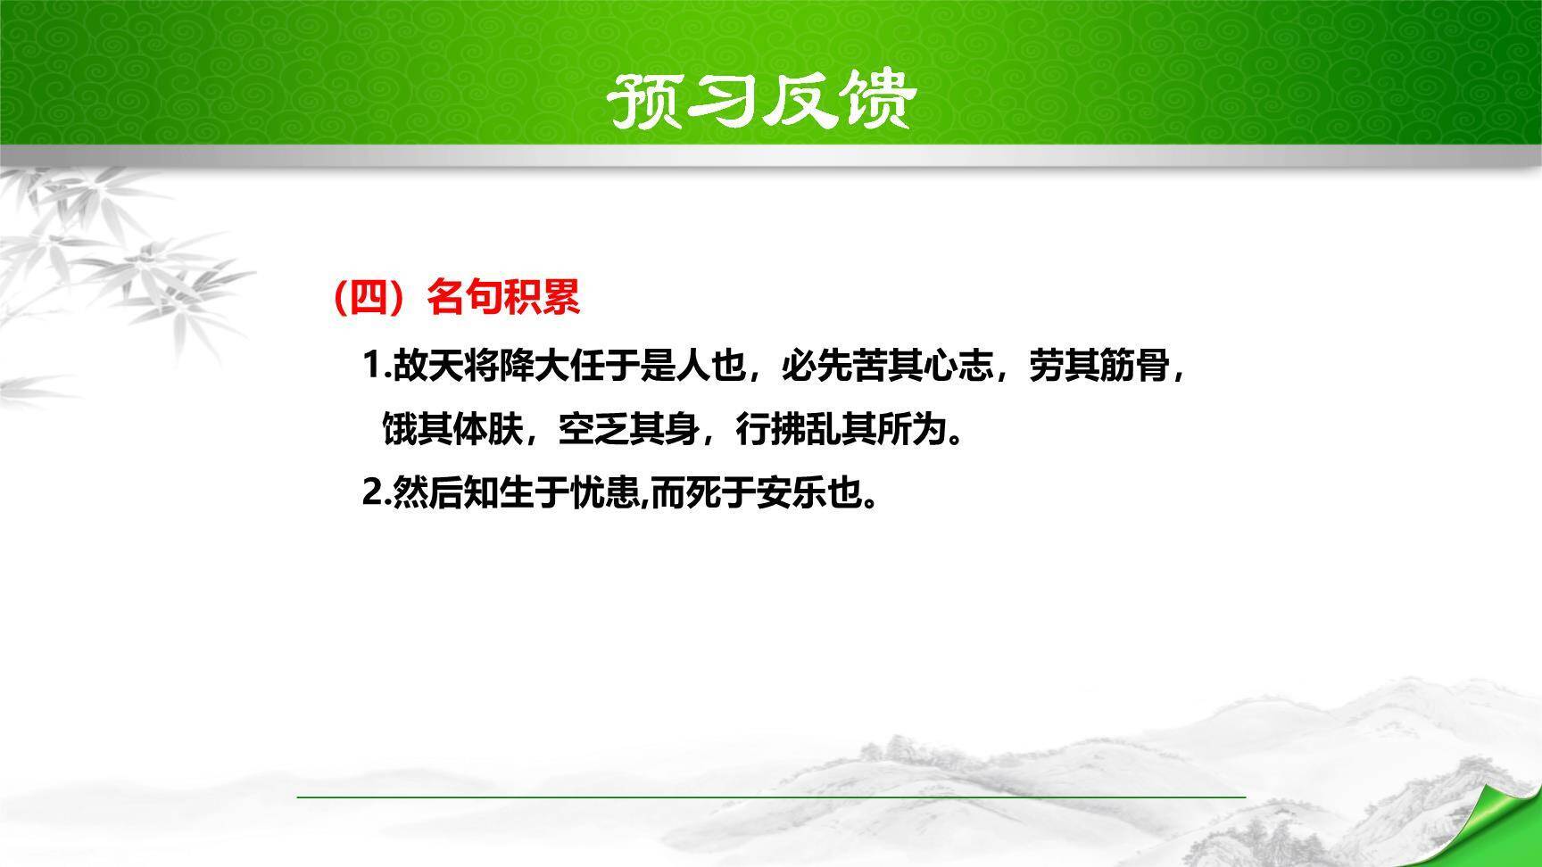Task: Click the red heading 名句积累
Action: tap(504, 297)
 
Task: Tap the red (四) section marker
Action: tap(369, 297)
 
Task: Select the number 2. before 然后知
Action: tap(377, 493)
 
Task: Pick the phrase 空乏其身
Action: tap(628, 431)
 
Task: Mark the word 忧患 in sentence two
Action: tap(606, 493)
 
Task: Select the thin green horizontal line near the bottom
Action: tap(771, 796)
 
